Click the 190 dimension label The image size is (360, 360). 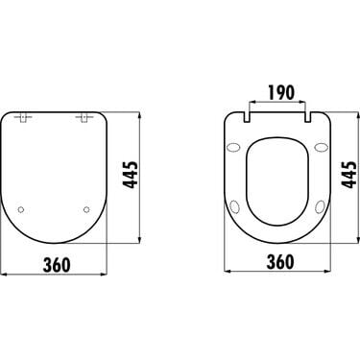tap(280, 93)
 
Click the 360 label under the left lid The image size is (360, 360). tap(57, 265)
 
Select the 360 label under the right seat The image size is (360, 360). tap(280, 262)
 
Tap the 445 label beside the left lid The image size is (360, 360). tap(131, 175)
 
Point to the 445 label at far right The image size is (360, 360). tap(348, 175)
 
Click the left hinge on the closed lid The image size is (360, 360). tap(23, 118)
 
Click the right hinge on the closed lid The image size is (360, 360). tap(84, 118)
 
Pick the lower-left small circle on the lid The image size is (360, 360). tap(21, 209)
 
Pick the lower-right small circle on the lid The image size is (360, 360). tap(86, 209)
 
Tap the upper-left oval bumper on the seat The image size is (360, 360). tap(232, 147)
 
